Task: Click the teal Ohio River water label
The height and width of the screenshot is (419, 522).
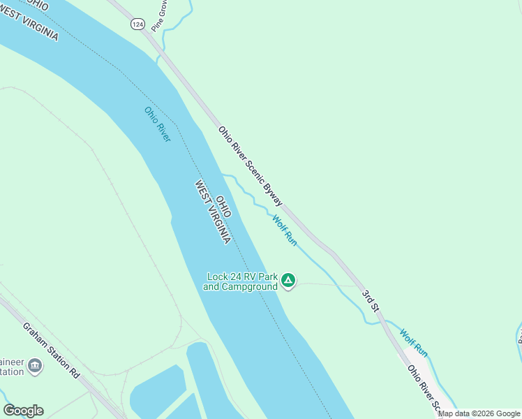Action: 157,124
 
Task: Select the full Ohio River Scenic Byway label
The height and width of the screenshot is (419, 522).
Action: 250,166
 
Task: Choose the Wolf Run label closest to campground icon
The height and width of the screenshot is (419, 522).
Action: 285,230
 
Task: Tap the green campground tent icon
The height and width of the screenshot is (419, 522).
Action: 288,281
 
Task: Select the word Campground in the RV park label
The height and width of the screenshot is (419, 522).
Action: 249,287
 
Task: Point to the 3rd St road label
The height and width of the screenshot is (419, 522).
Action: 370,297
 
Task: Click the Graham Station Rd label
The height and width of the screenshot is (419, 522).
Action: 51,350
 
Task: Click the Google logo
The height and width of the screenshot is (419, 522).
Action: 23,411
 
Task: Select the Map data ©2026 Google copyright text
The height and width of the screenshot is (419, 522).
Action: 479,413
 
